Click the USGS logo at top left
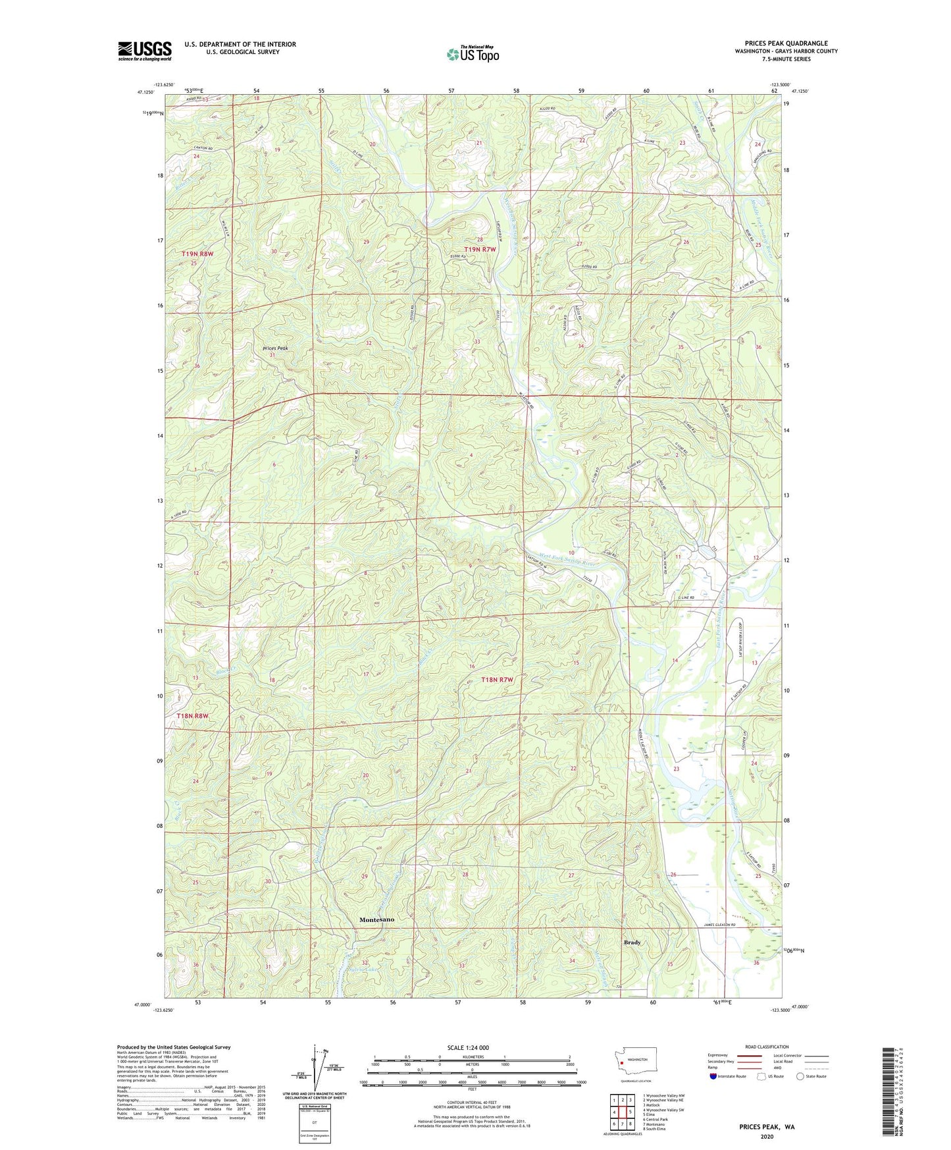point(145,51)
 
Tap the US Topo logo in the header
point(473,55)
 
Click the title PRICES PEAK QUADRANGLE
point(786,43)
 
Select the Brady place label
point(632,942)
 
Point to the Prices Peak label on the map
point(275,348)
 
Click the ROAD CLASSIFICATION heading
point(767,1047)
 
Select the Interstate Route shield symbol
point(714,1076)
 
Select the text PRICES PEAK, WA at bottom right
point(767,1126)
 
